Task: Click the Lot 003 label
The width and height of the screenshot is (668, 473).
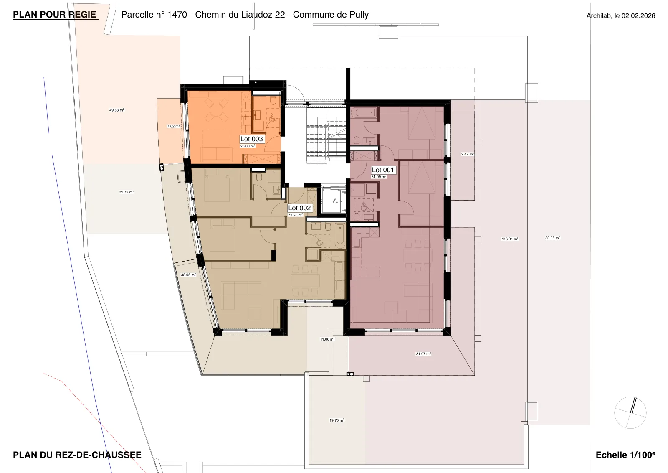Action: point(251,139)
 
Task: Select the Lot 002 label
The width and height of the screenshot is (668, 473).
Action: point(299,208)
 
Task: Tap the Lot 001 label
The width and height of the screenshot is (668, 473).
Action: point(382,170)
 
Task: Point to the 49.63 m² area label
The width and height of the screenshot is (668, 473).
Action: point(116,110)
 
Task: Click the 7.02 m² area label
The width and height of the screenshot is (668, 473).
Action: point(173,126)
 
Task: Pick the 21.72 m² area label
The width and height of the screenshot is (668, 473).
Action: point(126,192)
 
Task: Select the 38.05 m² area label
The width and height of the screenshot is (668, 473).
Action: point(188,275)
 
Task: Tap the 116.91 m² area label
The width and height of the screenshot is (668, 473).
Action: point(510,239)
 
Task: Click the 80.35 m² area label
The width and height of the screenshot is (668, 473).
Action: point(553,238)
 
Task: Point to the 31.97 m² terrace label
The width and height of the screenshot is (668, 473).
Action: point(423,354)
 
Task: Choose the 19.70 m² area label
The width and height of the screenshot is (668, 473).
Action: point(337,420)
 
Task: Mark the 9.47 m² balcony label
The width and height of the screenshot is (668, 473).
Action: point(468,154)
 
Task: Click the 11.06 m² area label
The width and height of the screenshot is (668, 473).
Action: point(327,339)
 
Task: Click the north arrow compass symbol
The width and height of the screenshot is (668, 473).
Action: point(630,413)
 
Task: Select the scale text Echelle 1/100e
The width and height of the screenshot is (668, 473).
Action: point(625,455)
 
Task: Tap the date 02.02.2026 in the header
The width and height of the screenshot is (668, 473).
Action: point(638,16)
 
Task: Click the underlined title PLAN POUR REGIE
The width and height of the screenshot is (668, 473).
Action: point(55,15)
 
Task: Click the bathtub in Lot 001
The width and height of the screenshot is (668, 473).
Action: point(364,113)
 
